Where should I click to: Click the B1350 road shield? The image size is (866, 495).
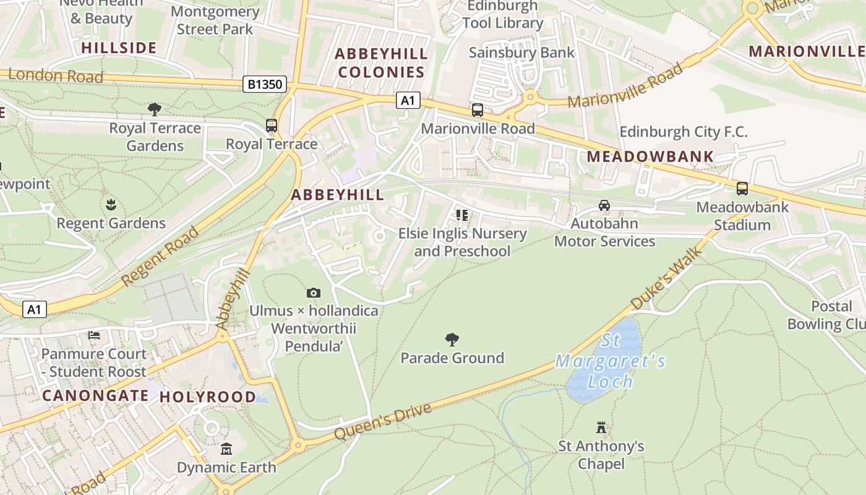[x=265, y=84]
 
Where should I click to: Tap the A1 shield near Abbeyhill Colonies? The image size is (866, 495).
[x=408, y=100]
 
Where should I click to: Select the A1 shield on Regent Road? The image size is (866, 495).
[x=35, y=309]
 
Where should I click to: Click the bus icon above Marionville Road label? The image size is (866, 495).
[x=478, y=110]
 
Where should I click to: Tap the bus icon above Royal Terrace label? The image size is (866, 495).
[x=272, y=126]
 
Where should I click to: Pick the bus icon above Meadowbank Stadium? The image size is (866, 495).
[x=742, y=189]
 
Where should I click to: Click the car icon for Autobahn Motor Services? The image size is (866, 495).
[x=604, y=205]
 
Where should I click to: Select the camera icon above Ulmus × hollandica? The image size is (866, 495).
[x=314, y=293]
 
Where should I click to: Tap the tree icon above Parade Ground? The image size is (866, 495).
[x=452, y=339]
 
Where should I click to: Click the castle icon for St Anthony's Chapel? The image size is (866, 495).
[x=601, y=427]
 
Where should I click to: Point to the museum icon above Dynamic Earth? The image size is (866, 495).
[x=226, y=449]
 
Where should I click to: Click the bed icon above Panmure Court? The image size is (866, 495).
[x=94, y=335]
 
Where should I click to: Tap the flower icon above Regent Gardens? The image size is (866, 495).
[x=111, y=204]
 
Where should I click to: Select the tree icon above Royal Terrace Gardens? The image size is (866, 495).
[x=155, y=110]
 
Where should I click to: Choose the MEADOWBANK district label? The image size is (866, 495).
[x=650, y=157]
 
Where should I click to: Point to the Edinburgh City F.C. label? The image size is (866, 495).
[x=684, y=132]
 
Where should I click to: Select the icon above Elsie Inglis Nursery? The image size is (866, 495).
[x=462, y=215]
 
